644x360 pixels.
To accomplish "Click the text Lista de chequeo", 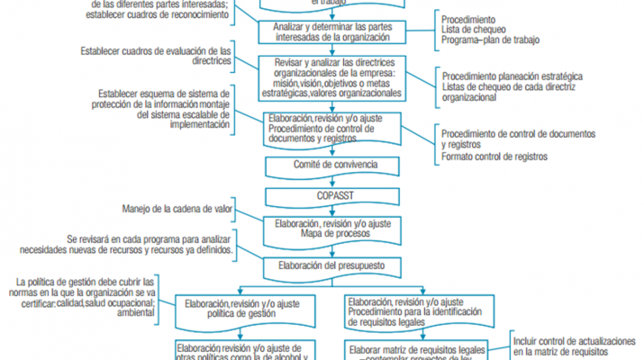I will pos(474,31).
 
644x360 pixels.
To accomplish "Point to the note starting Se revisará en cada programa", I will pos(150,244).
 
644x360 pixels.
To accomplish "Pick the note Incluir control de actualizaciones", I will pos(576,347).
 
